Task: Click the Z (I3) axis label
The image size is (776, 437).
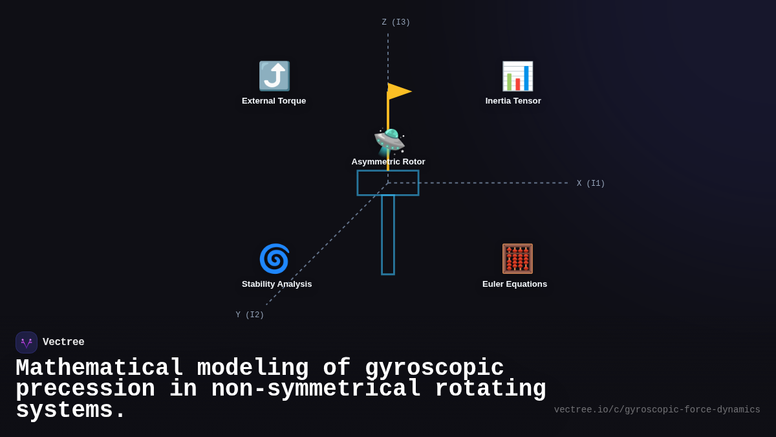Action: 396,23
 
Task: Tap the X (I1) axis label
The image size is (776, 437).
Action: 590,184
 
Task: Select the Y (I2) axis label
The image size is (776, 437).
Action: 250,315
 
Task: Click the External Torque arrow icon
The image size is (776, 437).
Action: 274,76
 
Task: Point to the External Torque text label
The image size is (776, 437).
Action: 274,101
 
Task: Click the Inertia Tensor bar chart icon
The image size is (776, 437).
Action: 517,76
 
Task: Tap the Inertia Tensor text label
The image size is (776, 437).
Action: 513,101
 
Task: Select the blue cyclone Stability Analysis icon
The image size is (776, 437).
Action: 274,259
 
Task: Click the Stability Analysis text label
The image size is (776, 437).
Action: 277,284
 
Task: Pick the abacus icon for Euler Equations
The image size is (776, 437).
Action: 517,259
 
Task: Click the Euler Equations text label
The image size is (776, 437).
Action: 514,284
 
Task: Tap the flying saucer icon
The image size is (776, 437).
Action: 389,142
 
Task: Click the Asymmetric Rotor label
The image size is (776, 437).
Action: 388,162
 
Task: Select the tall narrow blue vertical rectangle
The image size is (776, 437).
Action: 388,234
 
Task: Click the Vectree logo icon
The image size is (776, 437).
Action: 27,342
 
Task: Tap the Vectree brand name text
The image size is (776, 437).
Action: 63,342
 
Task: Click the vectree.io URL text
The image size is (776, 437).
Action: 657,410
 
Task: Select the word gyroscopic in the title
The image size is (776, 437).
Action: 434,368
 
